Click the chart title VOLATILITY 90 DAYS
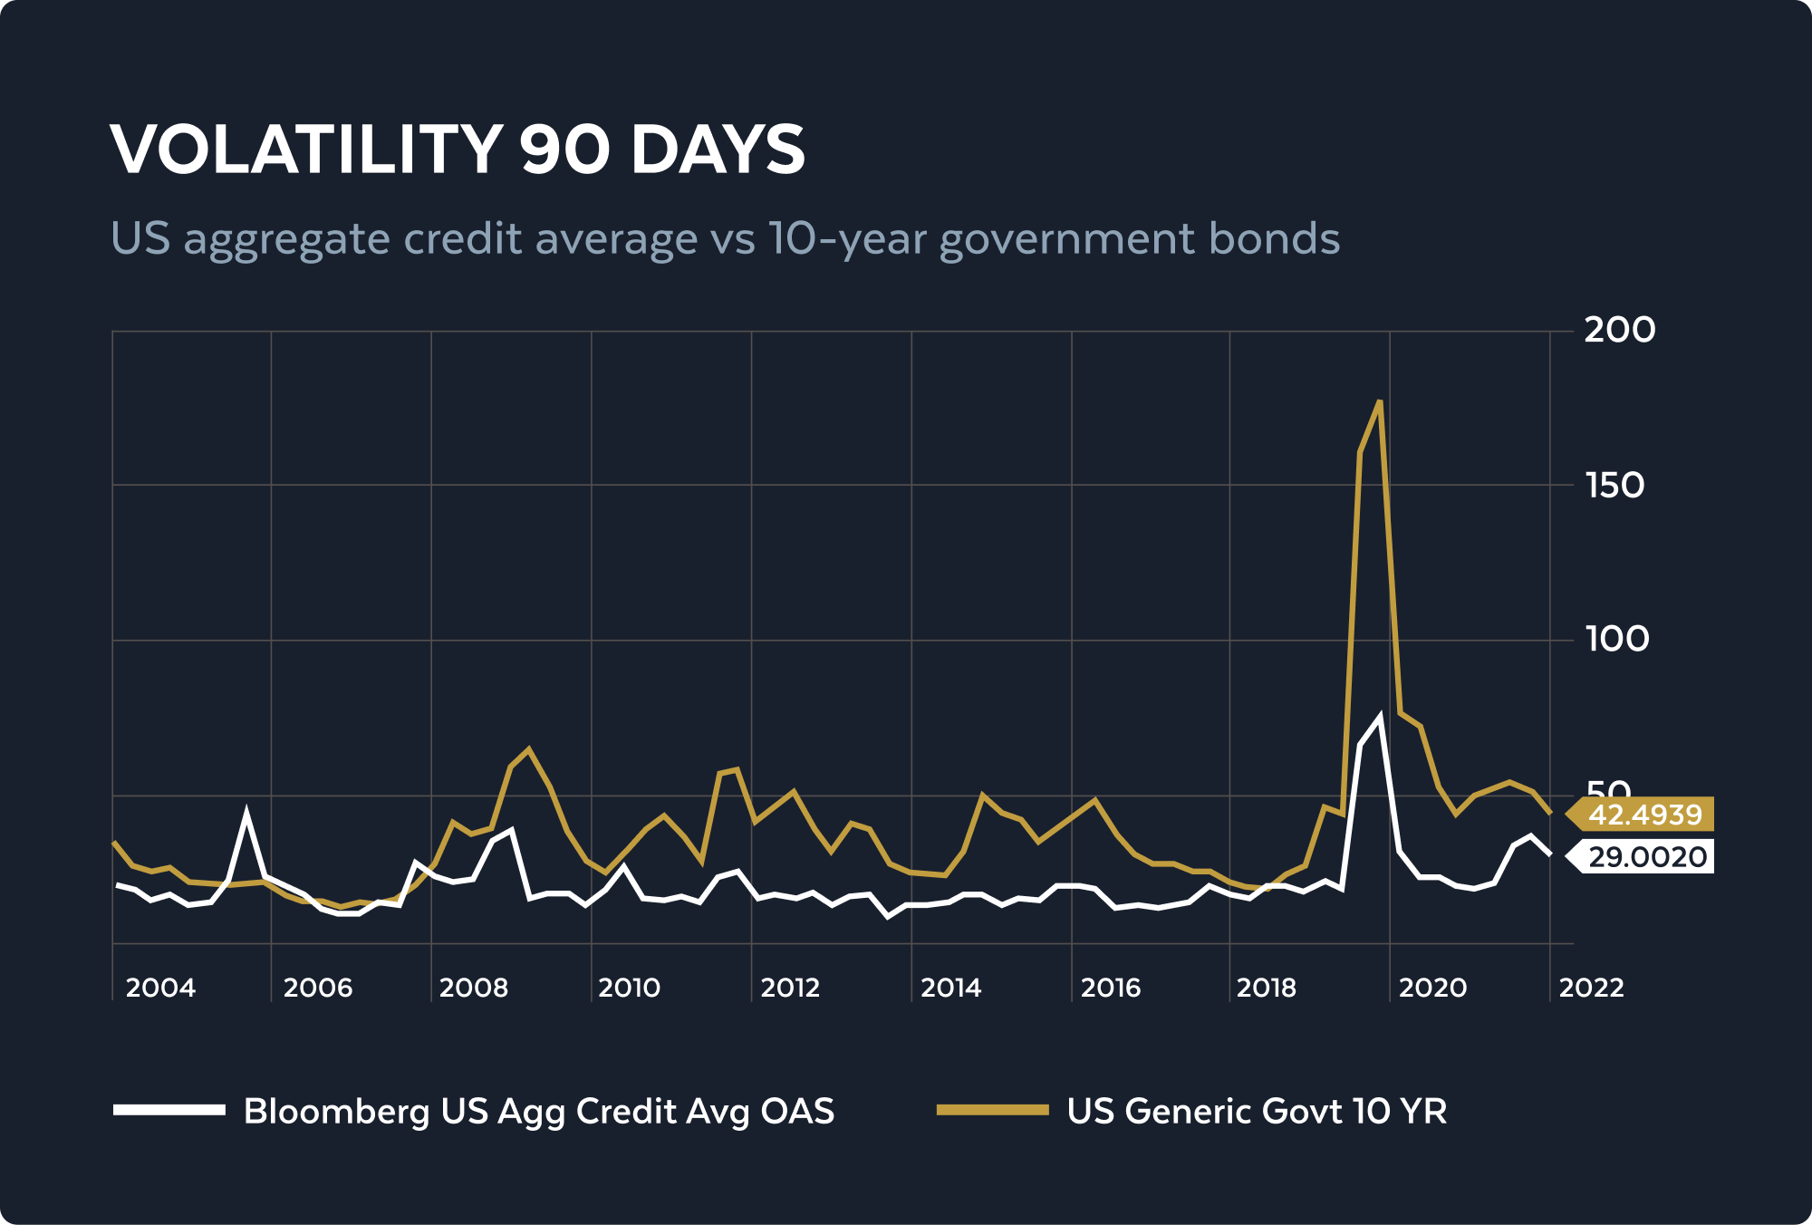click(x=458, y=150)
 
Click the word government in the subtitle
click(x=1066, y=239)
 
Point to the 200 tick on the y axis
click(x=1619, y=330)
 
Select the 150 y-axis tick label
click(x=1614, y=486)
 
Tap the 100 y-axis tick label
click(x=1616, y=640)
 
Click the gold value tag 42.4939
click(x=1643, y=815)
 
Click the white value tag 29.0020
click(x=1645, y=856)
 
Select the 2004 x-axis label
click(x=160, y=988)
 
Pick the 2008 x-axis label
click(x=474, y=988)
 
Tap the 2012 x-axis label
click(x=790, y=988)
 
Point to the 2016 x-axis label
click(x=1111, y=988)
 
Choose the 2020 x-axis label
click(x=1432, y=988)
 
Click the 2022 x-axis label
click(x=1591, y=988)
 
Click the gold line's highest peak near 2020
click(x=1379, y=401)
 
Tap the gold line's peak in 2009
click(x=529, y=749)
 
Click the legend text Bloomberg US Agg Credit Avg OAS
click(x=539, y=1111)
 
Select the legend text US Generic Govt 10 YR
click(x=1257, y=1111)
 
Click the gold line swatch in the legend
click(x=992, y=1110)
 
